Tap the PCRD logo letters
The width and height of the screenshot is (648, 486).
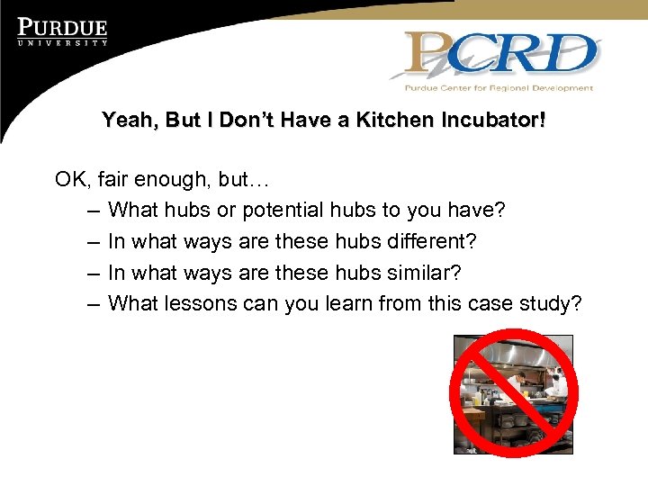(501, 55)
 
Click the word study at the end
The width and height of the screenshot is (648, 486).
(548, 304)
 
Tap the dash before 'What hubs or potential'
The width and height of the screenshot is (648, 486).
(94, 211)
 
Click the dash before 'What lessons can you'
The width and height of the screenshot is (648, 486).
(94, 303)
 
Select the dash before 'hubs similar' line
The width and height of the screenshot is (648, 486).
(94, 273)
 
